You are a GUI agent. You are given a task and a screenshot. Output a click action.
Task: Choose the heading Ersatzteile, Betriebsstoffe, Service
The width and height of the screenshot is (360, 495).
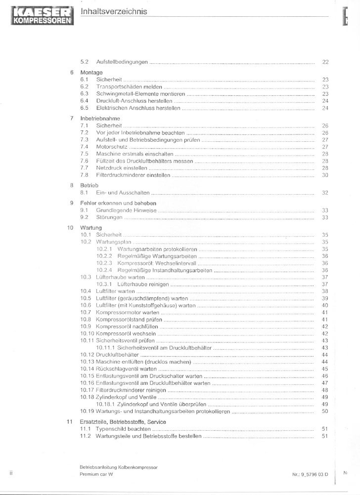(123, 422)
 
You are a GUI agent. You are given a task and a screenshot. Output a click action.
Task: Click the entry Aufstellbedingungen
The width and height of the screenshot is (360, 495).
(122, 62)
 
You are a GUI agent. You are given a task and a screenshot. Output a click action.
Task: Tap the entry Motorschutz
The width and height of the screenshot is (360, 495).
(112, 147)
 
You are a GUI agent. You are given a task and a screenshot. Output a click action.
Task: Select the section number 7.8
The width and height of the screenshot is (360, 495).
(84, 175)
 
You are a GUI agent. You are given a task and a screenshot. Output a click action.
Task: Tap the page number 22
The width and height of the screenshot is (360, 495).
(325, 62)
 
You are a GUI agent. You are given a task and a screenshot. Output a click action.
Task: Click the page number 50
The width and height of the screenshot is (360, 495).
(325, 411)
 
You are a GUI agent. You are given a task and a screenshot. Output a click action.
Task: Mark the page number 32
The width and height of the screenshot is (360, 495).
(325, 193)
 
